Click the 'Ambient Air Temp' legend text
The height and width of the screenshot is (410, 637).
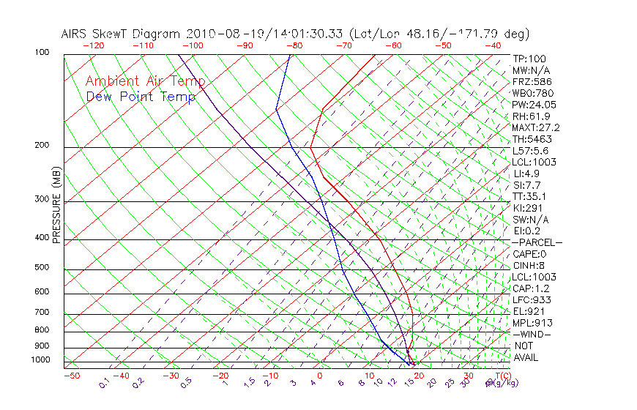(x=145, y=82)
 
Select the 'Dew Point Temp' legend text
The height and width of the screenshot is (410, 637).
(x=141, y=97)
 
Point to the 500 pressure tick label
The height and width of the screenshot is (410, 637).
(x=41, y=267)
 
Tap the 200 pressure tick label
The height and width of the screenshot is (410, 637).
(x=41, y=145)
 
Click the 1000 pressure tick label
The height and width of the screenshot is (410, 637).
(x=40, y=360)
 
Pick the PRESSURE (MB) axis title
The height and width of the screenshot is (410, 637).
(x=56, y=206)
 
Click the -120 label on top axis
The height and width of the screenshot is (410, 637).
(x=93, y=45)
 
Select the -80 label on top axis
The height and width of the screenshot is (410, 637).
(x=293, y=45)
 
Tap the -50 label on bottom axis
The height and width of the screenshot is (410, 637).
(x=71, y=376)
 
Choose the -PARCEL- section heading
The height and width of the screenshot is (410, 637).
(x=537, y=242)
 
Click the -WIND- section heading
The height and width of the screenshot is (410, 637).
(x=532, y=334)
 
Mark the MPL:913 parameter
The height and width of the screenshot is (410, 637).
(x=532, y=323)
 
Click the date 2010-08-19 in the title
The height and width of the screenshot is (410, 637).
(x=218, y=34)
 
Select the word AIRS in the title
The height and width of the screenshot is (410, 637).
(x=77, y=34)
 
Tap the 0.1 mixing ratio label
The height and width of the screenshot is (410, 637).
(x=103, y=383)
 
